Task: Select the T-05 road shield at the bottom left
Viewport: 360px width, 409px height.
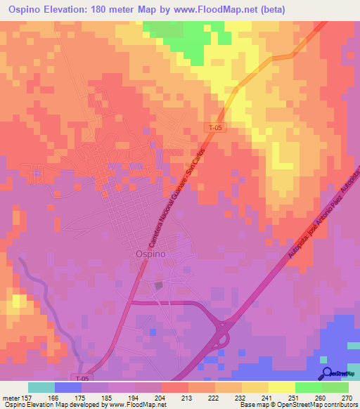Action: pos(82,377)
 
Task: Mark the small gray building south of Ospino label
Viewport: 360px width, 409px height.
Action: pos(159,285)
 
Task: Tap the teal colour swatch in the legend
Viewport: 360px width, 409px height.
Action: pos(41,387)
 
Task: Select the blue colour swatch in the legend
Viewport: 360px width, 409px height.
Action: pos(68,387)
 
